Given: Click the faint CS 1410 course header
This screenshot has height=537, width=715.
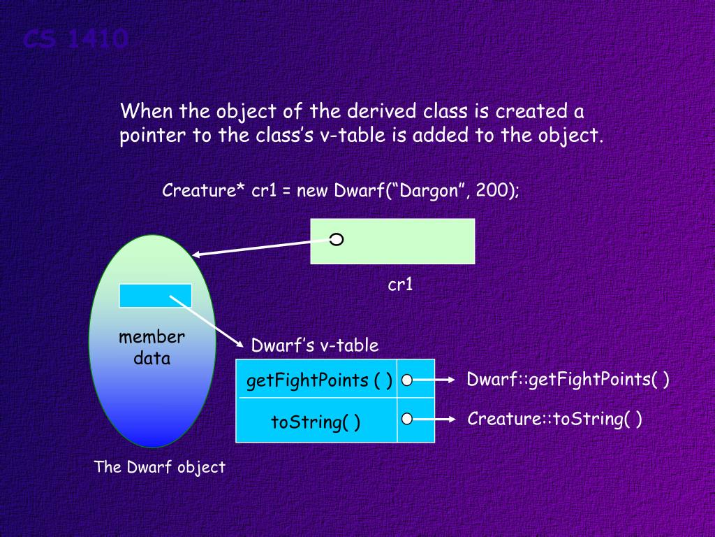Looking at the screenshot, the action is click(75, 39).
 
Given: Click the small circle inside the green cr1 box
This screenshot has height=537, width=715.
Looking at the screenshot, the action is click(337, 241).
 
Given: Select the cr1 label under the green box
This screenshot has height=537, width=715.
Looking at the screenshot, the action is click(400, 285).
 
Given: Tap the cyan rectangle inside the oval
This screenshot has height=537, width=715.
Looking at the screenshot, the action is click(155, 296).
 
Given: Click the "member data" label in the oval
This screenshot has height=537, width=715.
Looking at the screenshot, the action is click(152, 348).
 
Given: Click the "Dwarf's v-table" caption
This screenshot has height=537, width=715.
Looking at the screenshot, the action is click(314, 345).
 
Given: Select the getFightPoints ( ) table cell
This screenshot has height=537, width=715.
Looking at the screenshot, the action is click(318, 380).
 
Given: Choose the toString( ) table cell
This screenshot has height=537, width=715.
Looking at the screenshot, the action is click(316, 422).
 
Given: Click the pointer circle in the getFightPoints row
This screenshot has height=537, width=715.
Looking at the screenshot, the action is click(407, 380).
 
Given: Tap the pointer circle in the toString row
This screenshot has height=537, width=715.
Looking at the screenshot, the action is click(407, 420).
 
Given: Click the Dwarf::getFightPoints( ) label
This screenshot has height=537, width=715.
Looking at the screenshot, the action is click(568, 380).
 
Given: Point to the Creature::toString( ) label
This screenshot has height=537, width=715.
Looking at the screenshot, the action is click(554, 419).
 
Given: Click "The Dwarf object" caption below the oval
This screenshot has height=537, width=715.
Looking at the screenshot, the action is click(160, 467).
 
